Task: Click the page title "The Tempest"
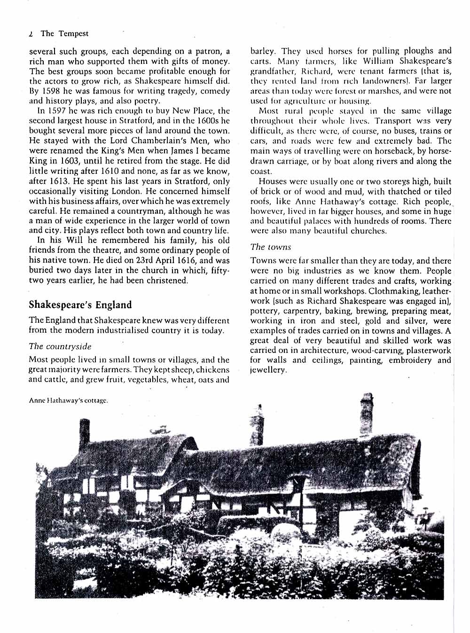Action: tap(64, 33)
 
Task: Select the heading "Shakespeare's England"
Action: tap(80, 305)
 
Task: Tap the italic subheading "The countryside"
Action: tap(60, 346)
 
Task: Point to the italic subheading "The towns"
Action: tap(271, 247)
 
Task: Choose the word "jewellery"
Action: tap(268, 370)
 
